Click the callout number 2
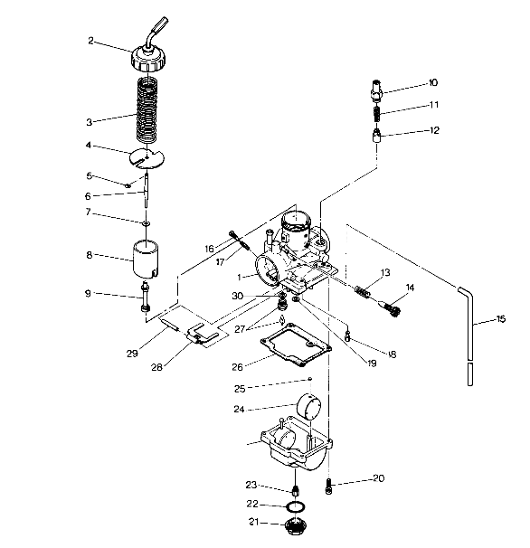pyautogui.click(x=91, y=41)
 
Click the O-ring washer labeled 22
pyautogui.click(x=294, y=505)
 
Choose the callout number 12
pyautogui.click(x=434, y=130)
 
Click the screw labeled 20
pyautogui.click(x=331, y=489)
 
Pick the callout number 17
pyautogui.click(x=219, y=262)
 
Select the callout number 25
pyautogui.click(x=240, y=388)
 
